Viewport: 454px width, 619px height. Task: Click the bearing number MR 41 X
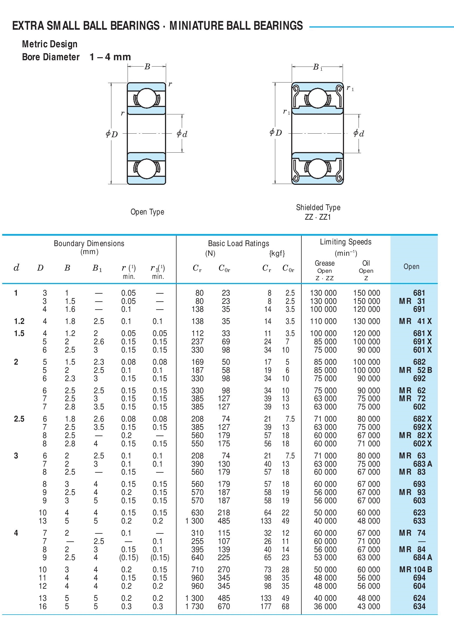tap(415, 321)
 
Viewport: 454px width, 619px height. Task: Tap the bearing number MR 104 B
tap(415, 570)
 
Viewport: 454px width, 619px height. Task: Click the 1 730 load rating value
tap(194, 606)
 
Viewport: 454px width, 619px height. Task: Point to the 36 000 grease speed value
tap(325, 606)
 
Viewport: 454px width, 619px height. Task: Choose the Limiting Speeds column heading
tap(345, 242)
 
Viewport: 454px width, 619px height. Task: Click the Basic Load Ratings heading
tap(238, 243)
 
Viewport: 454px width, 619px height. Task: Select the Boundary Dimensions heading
tap(89, 243)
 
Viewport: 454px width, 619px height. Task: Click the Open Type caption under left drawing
tap(147, 212)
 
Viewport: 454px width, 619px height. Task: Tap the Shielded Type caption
tap(318, 208)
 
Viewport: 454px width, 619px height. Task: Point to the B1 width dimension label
tap(317, 67)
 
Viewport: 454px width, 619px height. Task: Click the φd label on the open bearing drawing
tap(182, 134)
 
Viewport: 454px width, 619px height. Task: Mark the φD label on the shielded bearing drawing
tap(276, 133)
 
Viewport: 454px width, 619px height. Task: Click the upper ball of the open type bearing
tap(146, 98)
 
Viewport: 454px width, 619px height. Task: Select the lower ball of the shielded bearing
tap(318, 169)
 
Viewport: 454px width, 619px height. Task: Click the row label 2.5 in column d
tap(19, 419)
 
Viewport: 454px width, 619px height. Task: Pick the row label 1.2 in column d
tap(19, 321)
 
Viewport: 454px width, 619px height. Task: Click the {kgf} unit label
tap(277, 253)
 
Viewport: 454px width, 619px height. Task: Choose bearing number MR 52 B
tap(415, 370)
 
